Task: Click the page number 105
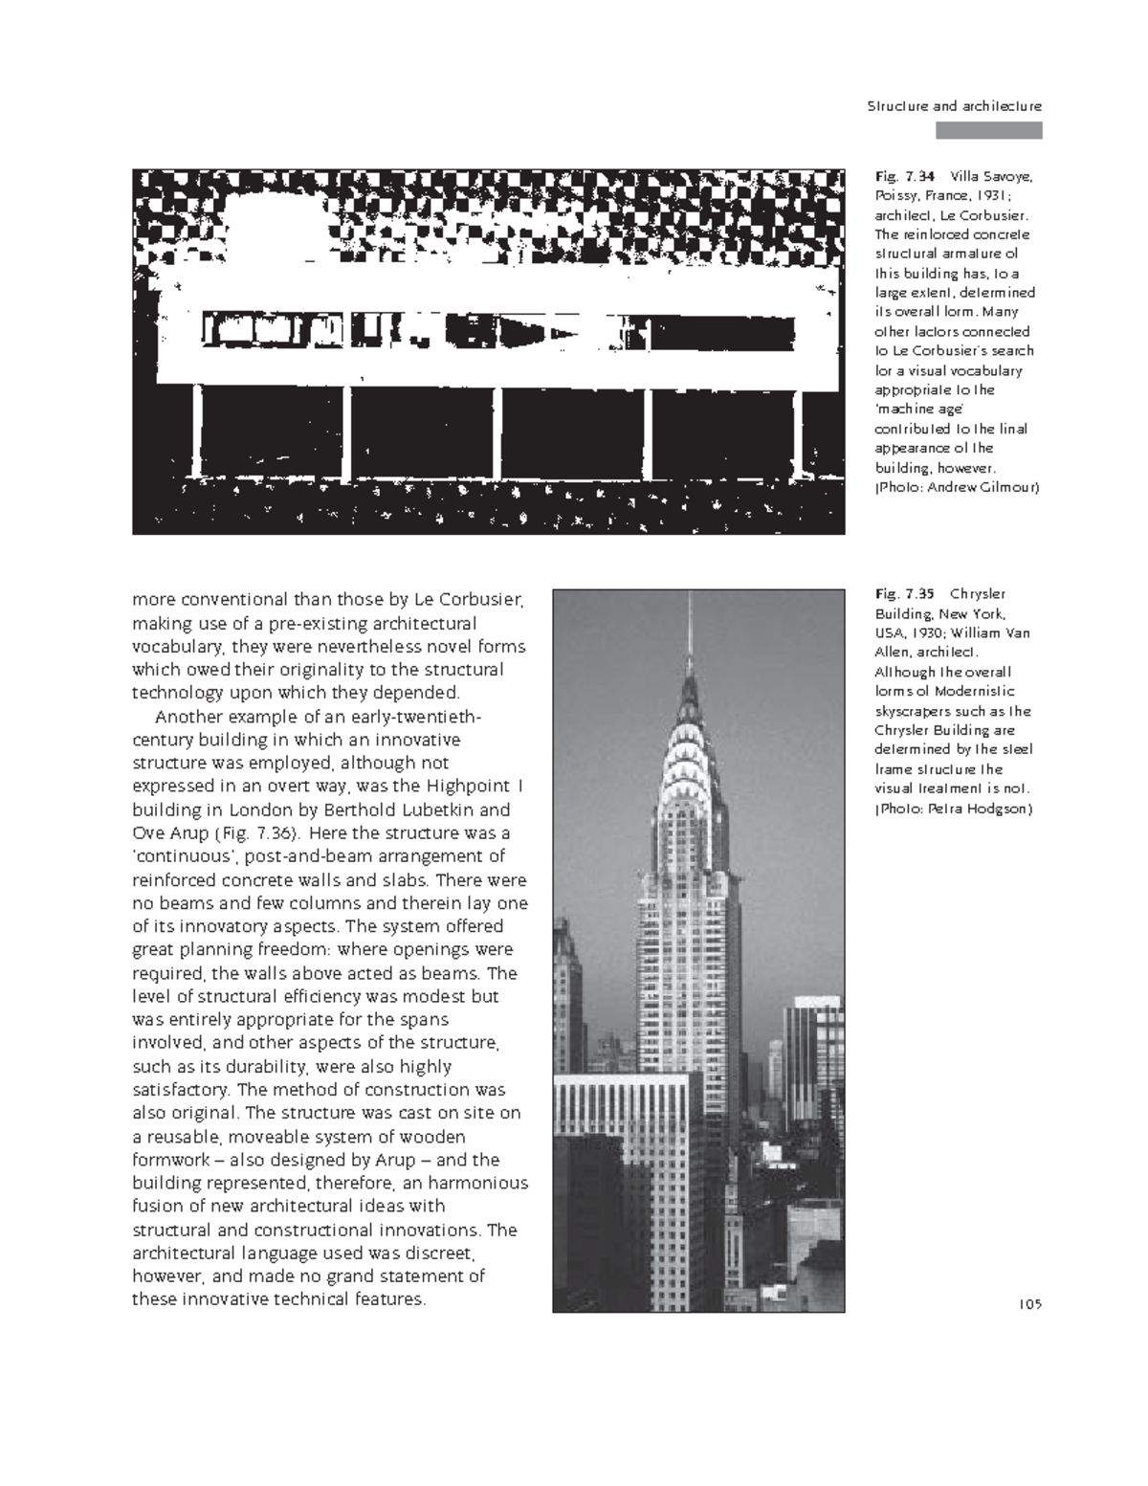point(1029,1303)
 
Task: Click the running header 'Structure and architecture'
point(954,106)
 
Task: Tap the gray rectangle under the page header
point(988,131)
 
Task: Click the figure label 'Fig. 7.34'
point(903,176)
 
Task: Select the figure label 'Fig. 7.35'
point(903,594)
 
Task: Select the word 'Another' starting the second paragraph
point(187,717)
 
